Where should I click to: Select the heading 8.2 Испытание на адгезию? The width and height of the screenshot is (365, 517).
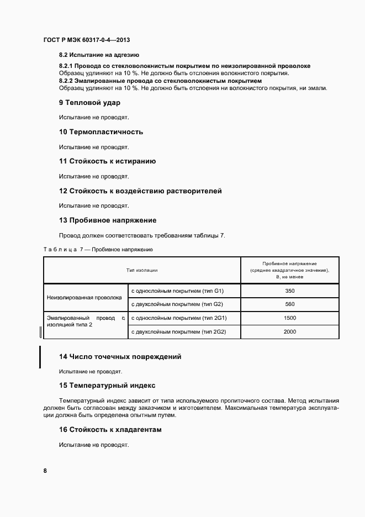pyautogui.click(x=99, y=55)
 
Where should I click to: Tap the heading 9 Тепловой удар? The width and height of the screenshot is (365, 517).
pyautogui.click(x=89, y=102)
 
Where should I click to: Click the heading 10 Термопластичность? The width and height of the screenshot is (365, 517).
pyautogui.click(x=101, y=131)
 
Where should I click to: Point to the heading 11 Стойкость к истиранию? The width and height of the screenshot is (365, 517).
pyautogui.click(x=107, y=161)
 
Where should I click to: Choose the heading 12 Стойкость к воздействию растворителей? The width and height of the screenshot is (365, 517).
pyautogui.click(x=140, y=191)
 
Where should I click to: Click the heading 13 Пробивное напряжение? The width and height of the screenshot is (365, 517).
pyautogui.click(x=108, y=220)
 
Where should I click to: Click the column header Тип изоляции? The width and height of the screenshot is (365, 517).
pyautogui.click(x=142, y=270)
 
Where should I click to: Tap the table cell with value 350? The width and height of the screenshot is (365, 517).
pyautogui.click(x=290, y=291)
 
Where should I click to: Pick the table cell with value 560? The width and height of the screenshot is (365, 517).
pyautogui.click(x=290, y=304)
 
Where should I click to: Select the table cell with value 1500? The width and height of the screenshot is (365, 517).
pyautogui.click(x=290, y=318)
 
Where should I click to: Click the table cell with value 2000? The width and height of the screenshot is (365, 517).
pyautogui.click(x=290, y=331)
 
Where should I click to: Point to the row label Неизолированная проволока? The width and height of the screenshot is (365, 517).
pyautogui.click(x=84, y=297)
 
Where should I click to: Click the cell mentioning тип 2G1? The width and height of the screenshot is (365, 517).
pyautogui.click(x=178, y=318)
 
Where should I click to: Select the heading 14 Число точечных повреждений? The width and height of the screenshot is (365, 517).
pyautogui.click(x=120, y=356)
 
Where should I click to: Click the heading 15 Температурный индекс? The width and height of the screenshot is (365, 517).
pyautogui.click(x=107, y=386)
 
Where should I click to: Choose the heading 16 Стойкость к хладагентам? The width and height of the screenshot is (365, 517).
pyautogui.click(x=110, y=429)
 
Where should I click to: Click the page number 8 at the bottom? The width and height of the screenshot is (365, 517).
pyautogui.click(x=45, y=471)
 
